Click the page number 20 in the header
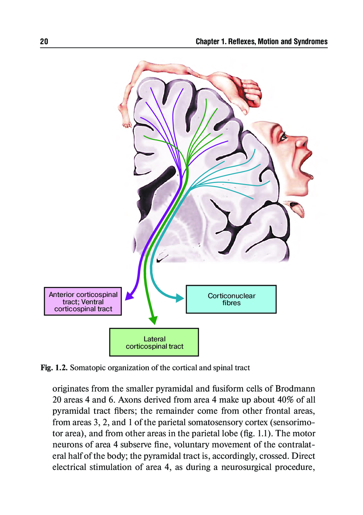tap(44, 41)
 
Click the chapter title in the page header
tap(261, 41)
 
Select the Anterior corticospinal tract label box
tap(83, 301)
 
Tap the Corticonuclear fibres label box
tap(231, 299)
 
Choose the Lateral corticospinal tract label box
tap(154, 342)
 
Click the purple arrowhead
tap(129, 296)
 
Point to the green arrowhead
tap(154, 320)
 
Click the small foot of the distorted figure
tap(126, 124)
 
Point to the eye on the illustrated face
tap(282, 137)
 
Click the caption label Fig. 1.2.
tap(54, 368)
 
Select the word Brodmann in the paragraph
tap(295, 388)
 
